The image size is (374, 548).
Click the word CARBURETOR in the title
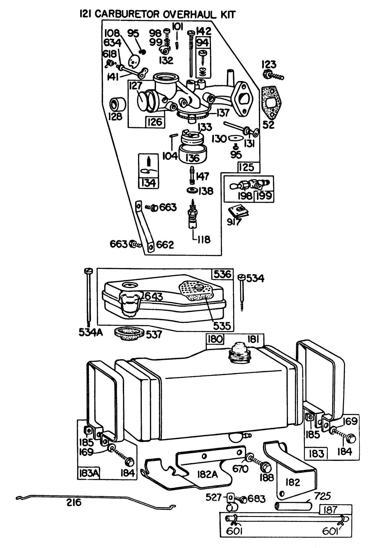(127, 14)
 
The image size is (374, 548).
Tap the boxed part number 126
(155, 122)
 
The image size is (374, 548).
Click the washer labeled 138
(192, 191)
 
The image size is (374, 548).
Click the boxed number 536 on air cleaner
(222, 274)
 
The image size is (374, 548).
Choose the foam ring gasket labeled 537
(127, 335)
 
